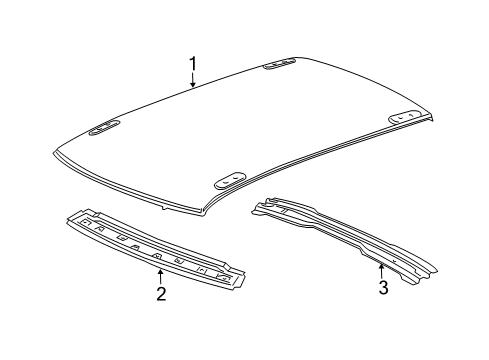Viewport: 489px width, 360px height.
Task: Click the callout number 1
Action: pyautogui.click(x=193, y=66)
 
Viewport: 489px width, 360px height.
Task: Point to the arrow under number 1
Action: pyautogui.click(x=193, y=83)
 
